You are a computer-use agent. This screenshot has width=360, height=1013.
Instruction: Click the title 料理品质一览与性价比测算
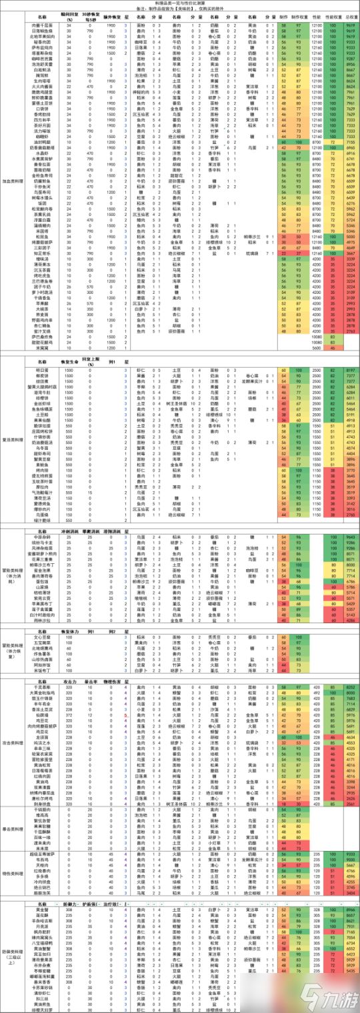coord(179,3)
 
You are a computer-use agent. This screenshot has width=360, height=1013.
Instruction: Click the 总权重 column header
coord(351,15)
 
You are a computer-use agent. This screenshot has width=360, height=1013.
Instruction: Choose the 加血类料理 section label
coord(15,181)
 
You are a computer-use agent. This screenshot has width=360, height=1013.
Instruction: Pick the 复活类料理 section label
coord(15,441)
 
